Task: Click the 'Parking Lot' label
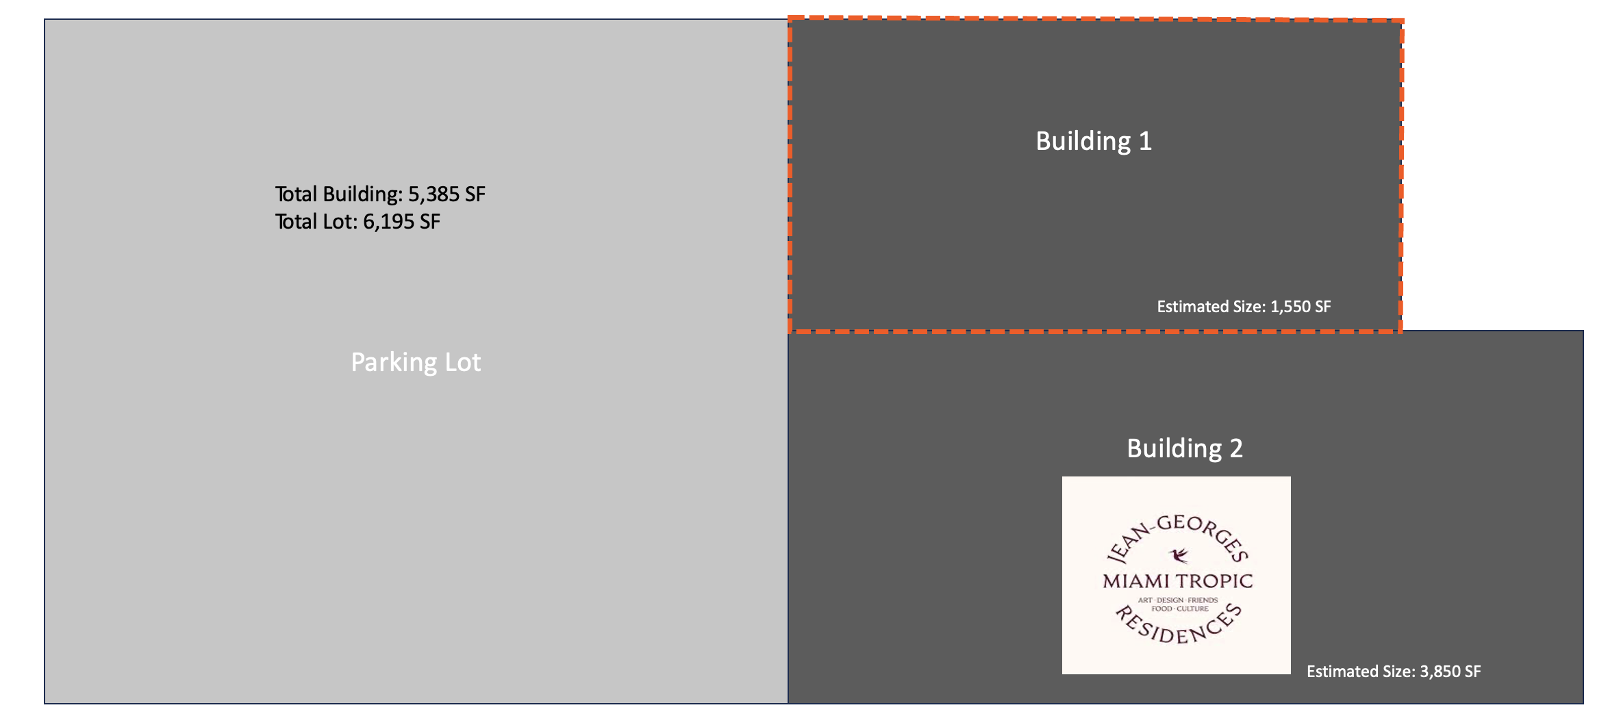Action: click(x=416, y=363)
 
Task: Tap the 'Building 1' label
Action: click(x=1094, y=142)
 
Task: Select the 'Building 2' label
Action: click(x=1185, y=449)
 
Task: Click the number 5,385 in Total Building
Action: click(x=434, y=194)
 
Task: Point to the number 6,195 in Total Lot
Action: click(x=388, y=222)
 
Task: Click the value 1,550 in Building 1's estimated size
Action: click(x=1290, y=307)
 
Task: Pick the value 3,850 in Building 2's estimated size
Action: click(x=1440, y=672)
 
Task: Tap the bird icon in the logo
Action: click(x=1179, y=554)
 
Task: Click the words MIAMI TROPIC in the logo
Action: click(x=1178, y=581)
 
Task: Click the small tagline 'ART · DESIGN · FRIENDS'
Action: click(x=1178, y=600)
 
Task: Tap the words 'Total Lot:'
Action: click(x=316, y=222)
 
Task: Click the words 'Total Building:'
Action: click(x=339, y=194)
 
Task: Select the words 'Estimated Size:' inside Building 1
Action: click(x=1211, y=307)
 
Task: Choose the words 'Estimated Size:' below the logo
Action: click(x=1361, y=672)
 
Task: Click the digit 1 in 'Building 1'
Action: click(x=1145, y=141)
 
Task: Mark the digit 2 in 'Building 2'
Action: click(x=1236, y=448)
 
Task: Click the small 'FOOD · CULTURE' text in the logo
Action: click(x=1180, y=609)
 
